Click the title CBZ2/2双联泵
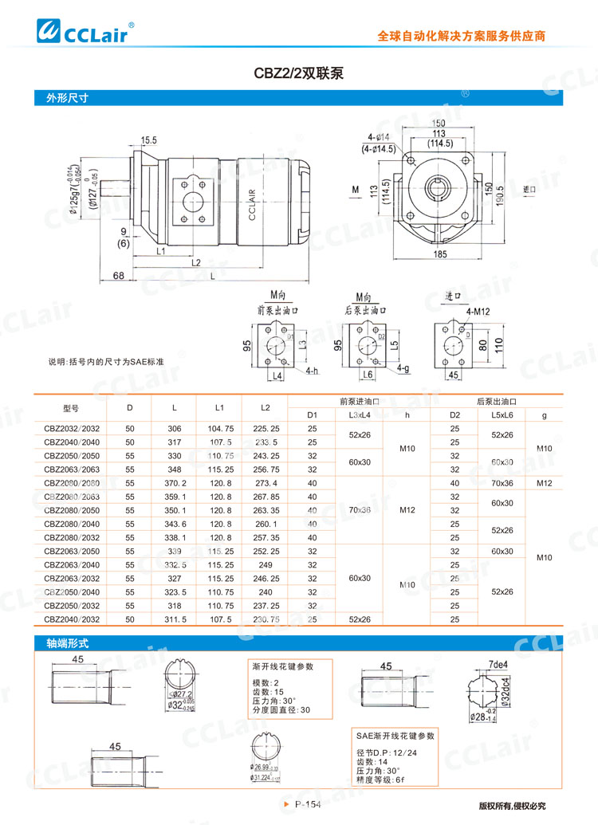pyautogui.click(x=299, y=73)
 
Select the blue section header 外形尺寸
pyautogui.click(x=61, y=100)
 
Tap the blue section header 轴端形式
pyautogui.click(x=61, y=642)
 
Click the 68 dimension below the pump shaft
pyautogui.click(x=118, y=276)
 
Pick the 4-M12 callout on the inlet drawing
pyautogui.click(x=478, y=312)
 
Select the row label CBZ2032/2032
pyautogui.click(x=73, y=429)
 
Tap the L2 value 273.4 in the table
pyautogui.click(x=265, y=483)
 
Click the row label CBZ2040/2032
pyautogui.click(x=73, y=619)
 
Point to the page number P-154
pyautogui.click(x=307, y=804)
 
